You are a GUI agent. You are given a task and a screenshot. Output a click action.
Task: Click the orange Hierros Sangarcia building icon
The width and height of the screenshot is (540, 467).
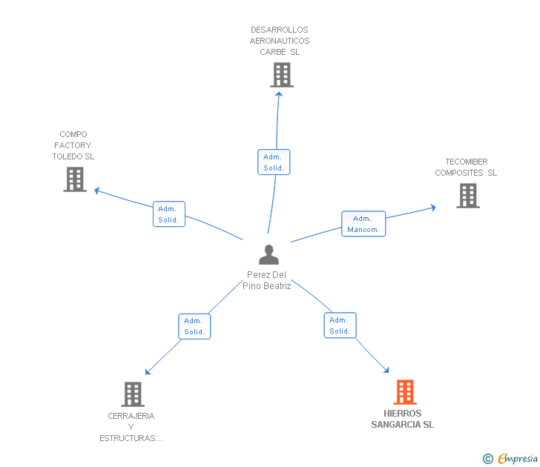click(x=405, y=392)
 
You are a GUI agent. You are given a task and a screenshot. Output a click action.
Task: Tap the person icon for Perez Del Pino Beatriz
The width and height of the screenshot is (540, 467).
click(x=269, y=255)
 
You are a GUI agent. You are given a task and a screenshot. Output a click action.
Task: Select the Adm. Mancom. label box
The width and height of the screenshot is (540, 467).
click(x=363, y=224)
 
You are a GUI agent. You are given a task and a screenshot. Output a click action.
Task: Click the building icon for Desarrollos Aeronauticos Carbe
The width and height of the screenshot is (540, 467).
click(x=282, y=75)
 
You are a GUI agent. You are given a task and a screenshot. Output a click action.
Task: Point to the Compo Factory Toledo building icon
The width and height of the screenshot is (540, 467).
click(x=75, y=179)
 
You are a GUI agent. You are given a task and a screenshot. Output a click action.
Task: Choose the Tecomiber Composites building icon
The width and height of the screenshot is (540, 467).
click(x=468, y=196)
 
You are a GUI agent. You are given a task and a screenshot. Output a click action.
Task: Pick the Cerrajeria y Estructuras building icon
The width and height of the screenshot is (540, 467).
click(x=133, y=394)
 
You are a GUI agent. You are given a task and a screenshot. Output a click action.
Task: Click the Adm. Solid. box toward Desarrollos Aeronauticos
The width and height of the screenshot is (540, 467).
click(x=274, y=162)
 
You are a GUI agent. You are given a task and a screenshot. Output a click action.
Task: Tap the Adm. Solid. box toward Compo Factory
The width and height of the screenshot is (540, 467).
click(x=169, y=214)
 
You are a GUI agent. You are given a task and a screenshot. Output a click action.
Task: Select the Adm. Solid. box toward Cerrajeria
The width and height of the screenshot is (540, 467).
click(x=194, y=326)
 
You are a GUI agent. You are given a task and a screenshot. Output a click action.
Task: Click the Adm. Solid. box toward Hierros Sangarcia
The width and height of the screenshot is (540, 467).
click(x=340, y=325)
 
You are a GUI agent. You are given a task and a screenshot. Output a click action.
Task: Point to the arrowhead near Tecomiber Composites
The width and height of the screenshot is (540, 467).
click(x=434, y=208)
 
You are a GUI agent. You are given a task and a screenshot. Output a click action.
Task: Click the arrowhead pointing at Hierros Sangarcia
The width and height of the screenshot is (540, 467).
click(x=386, y=370)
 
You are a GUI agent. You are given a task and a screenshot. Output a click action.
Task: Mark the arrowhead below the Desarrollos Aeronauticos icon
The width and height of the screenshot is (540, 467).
click(x=279, y=94)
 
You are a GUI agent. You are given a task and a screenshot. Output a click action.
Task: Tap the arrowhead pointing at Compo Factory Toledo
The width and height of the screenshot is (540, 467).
click(x=96, y=191)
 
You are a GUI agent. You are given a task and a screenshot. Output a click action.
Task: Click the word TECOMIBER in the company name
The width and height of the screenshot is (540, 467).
click(x=467, y=162)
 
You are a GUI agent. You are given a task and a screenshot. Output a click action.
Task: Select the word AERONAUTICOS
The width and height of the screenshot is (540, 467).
click(x=280, y=41)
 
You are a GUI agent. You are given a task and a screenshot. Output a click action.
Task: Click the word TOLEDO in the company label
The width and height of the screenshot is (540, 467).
click(x=67, y=156)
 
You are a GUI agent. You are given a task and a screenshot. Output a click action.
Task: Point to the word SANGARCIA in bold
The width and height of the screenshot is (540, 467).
click(x=396, y=425)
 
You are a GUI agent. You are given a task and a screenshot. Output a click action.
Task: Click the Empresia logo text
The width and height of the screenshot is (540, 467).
click(x=518, y=458)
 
